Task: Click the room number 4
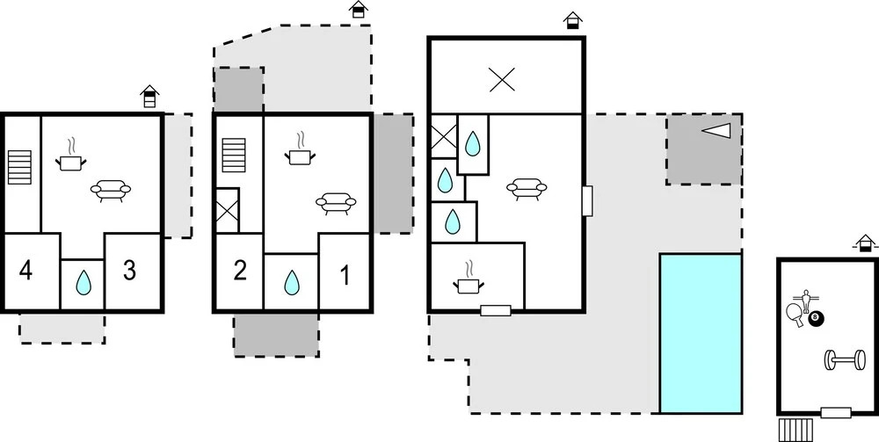25,271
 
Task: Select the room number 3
129,271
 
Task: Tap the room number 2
239,271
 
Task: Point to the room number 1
345,276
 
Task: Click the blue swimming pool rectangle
701,333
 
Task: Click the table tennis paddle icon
796,313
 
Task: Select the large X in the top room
502,80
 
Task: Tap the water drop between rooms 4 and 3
84,282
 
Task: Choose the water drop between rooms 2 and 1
291,283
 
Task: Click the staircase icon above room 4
19,166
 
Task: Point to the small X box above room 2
228,211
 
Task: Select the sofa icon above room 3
112,191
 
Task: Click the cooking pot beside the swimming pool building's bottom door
468,281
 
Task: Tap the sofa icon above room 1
337,202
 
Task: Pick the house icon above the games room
867,242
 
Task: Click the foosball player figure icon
803,297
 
